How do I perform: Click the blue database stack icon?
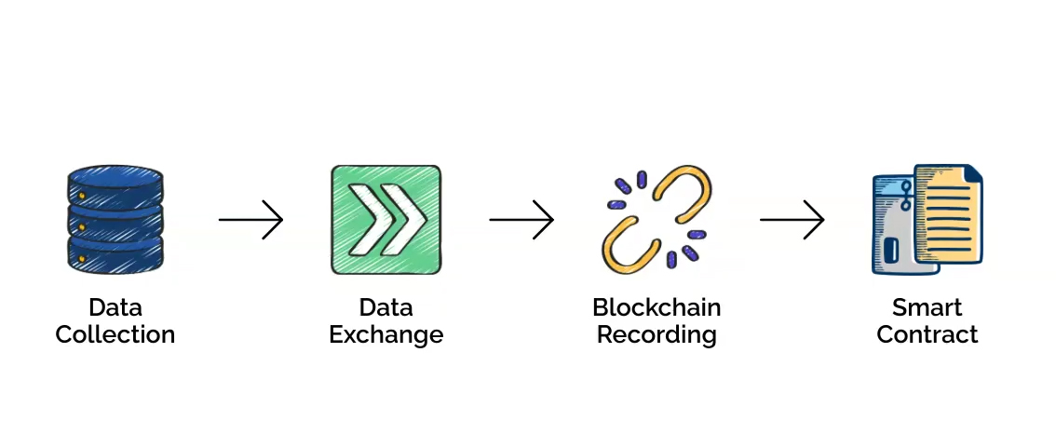coord(115,220)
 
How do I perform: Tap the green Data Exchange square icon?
coord(386,220)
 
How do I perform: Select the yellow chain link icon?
coord(657,220)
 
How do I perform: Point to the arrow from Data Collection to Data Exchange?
coord(250,220)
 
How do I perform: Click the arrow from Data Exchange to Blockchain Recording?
coord(521,220)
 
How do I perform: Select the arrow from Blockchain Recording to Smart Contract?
coord(792,220)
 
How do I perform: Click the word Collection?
coord(115,334)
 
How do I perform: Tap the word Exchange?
coord(386,334)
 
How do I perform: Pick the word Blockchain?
coord(657,307)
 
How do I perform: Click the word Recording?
coord(657,335)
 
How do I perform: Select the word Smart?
coord(927,307)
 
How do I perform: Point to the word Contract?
coord(927,334)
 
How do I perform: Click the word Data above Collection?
coord(115,307)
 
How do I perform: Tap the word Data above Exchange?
coord(386,307)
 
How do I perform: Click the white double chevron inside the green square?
coord(386,220)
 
